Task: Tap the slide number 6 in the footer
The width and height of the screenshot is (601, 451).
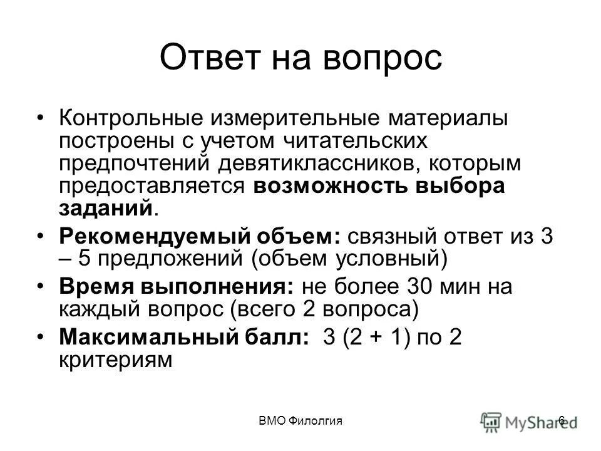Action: pos(562,420)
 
